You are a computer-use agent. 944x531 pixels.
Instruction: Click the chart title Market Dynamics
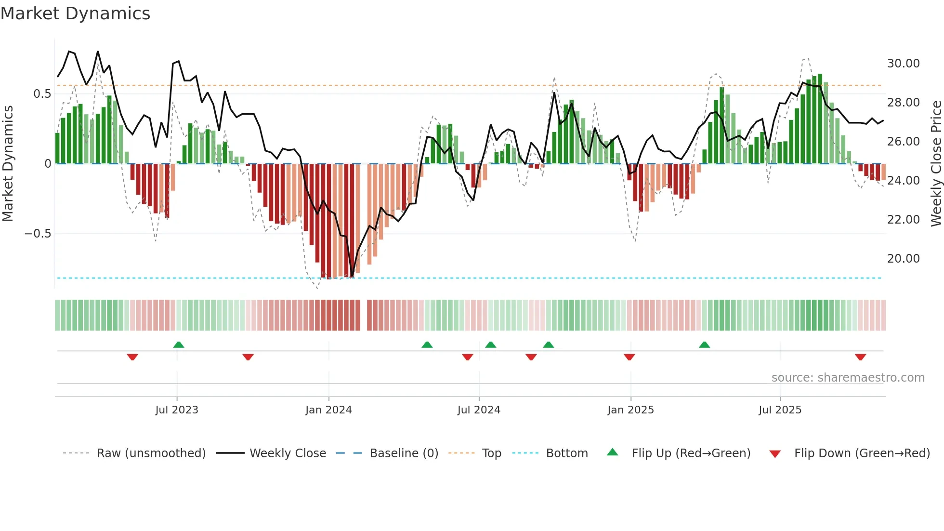tap(76, 13)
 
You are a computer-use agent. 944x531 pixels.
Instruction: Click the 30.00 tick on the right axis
tap(903, 64)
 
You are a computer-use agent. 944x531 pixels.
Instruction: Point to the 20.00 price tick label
tap(903, 259)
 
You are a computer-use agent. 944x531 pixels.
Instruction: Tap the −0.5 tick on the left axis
tap(38, 234)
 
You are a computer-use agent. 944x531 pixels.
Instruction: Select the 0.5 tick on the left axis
tap(42, 94)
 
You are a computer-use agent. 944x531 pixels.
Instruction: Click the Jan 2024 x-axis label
tap(328, 410)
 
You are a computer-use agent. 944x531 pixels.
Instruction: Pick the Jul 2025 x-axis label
tap(780, 410)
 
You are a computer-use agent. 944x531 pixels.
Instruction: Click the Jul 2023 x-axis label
tap(177, 410)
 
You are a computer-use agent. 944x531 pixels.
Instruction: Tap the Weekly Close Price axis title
tap(936, 164)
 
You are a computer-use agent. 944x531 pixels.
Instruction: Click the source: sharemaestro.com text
tap(848, 378)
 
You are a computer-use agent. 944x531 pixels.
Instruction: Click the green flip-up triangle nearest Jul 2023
tap(179, 345)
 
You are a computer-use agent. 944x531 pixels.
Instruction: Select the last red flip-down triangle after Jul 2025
tap(861, 357)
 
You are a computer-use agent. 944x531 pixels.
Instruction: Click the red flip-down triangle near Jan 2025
tap(629, 357)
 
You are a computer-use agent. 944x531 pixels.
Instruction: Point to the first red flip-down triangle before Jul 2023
tap(132, 357)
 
